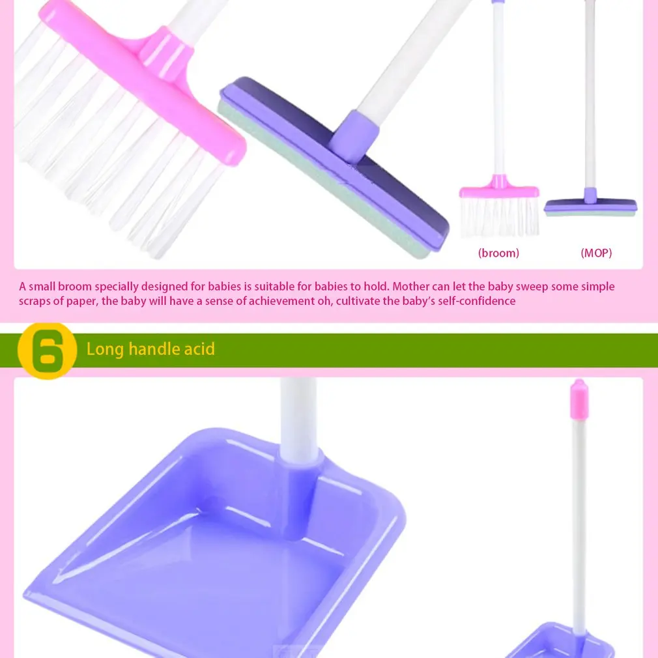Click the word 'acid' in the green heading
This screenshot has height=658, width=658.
199,349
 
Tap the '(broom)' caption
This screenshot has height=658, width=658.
498,253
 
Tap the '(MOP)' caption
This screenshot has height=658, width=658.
596,253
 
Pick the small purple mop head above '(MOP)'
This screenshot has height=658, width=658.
590,205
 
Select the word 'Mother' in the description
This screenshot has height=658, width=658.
411,287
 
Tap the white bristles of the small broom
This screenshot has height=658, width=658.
500,217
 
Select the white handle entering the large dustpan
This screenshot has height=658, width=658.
299,417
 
